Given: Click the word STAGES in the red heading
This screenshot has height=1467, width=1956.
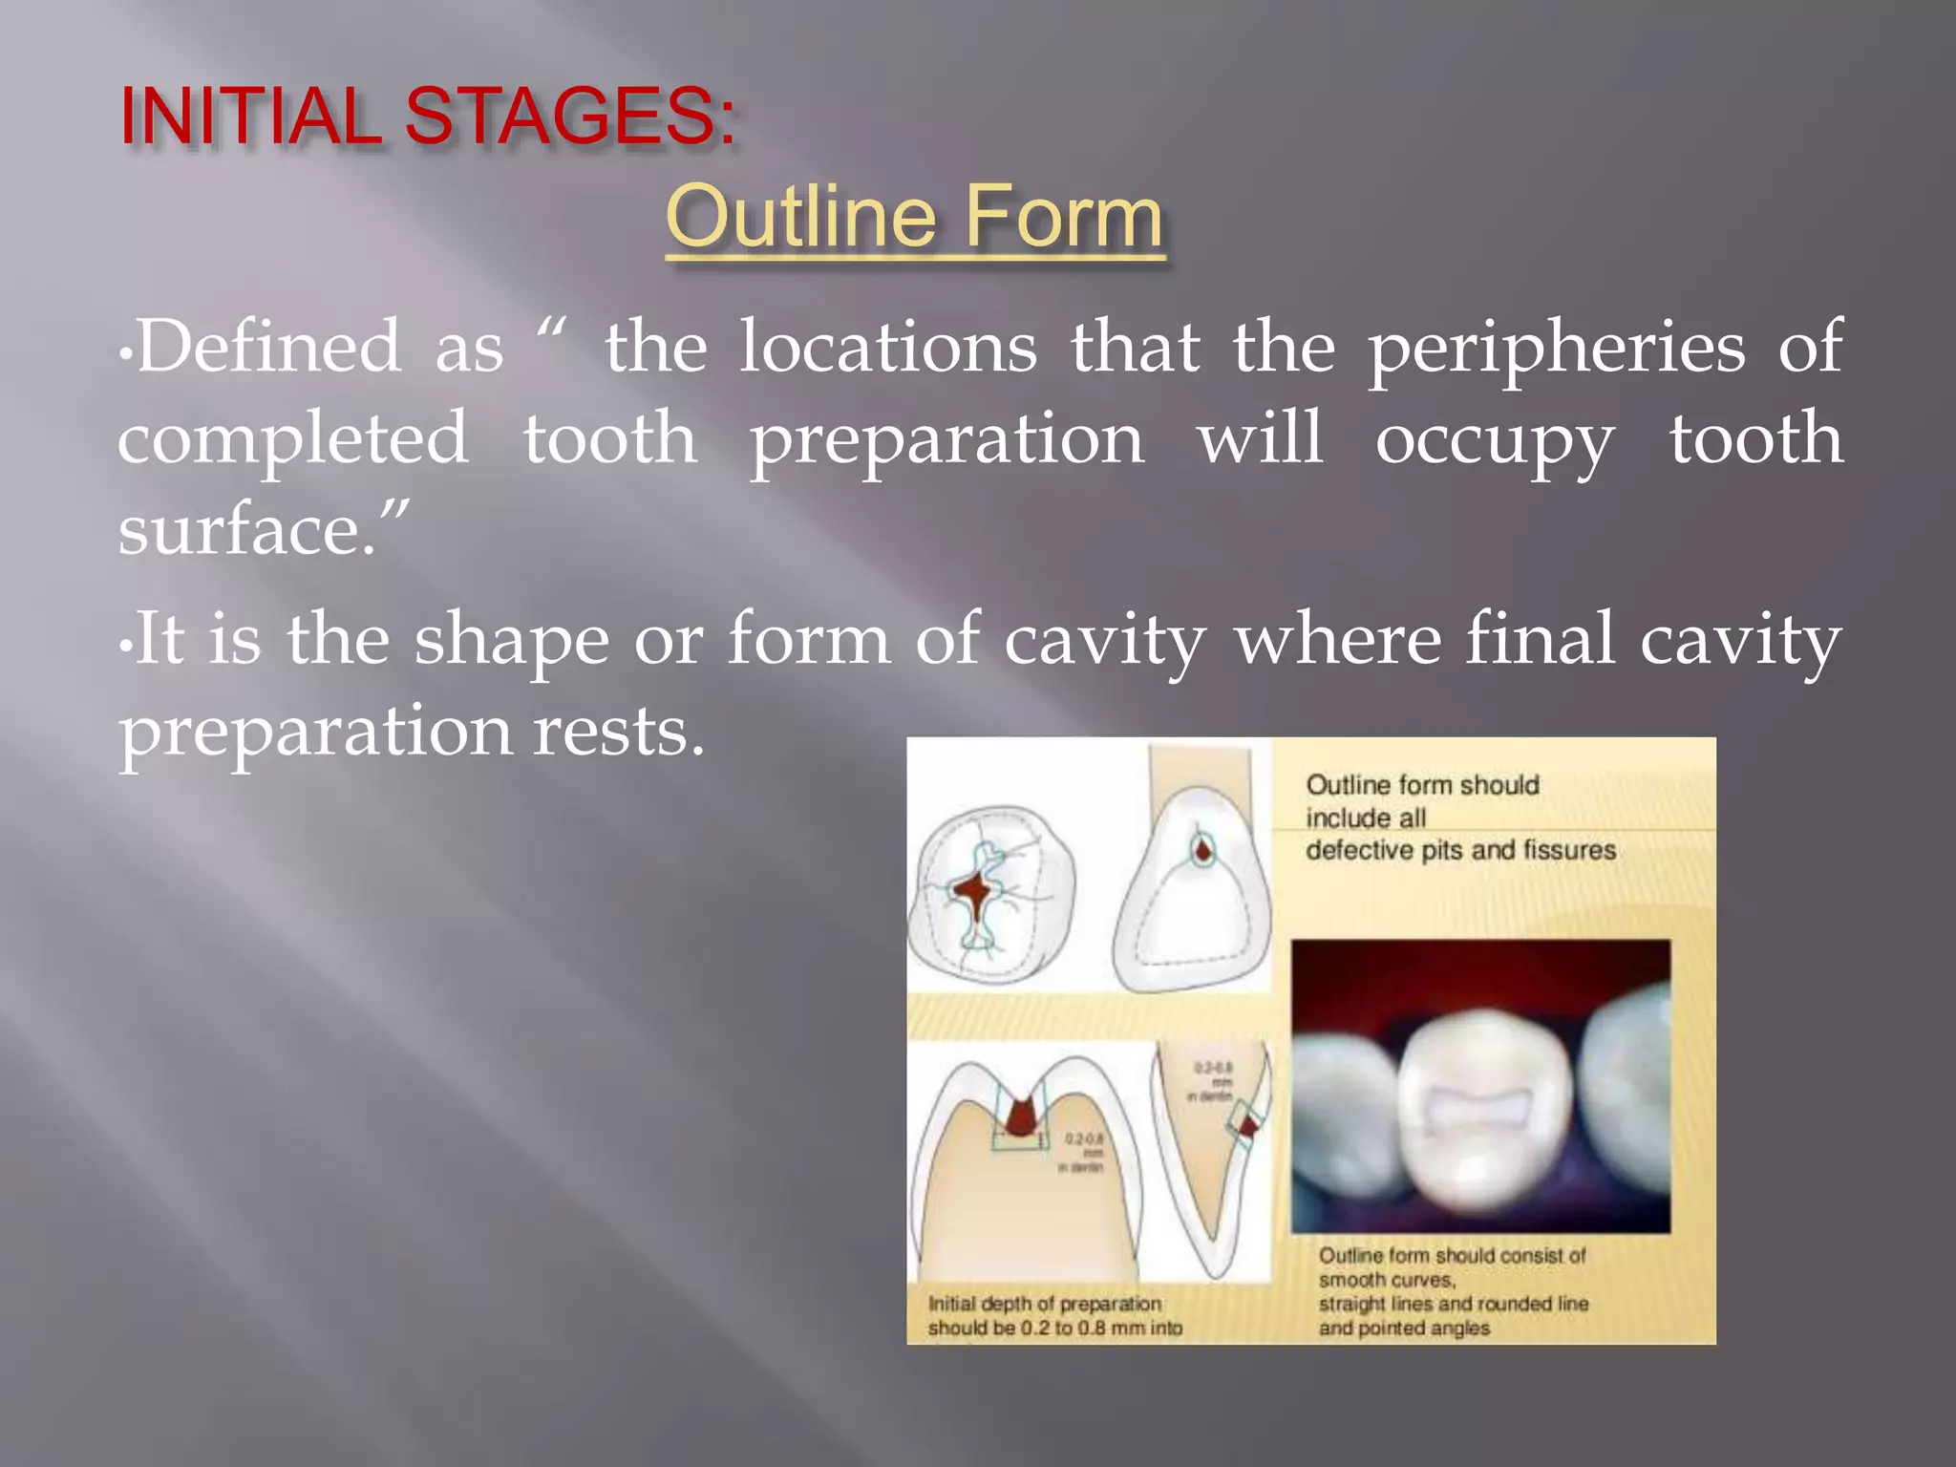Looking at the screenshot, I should [570, 117].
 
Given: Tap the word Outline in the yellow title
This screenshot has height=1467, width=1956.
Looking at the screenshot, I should [800, 218].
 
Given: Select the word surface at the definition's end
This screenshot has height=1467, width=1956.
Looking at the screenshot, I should [244, 530].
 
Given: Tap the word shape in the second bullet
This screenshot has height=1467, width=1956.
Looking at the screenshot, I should [511, 642].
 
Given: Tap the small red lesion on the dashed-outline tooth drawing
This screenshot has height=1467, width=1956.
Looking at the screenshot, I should [1203, 848].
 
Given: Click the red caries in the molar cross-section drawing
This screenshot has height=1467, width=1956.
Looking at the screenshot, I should [1021, 1116].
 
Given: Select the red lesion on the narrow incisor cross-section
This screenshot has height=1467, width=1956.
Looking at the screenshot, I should [1247, 1127].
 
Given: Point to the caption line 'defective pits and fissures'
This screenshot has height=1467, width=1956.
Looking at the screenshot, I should [1459, 850].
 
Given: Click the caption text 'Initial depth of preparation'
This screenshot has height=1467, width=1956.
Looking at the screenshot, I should [1044, 1304].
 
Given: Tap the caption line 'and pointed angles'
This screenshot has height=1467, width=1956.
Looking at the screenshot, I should [1403, 1328].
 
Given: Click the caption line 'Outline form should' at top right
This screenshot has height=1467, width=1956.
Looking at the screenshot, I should [1421, 785].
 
